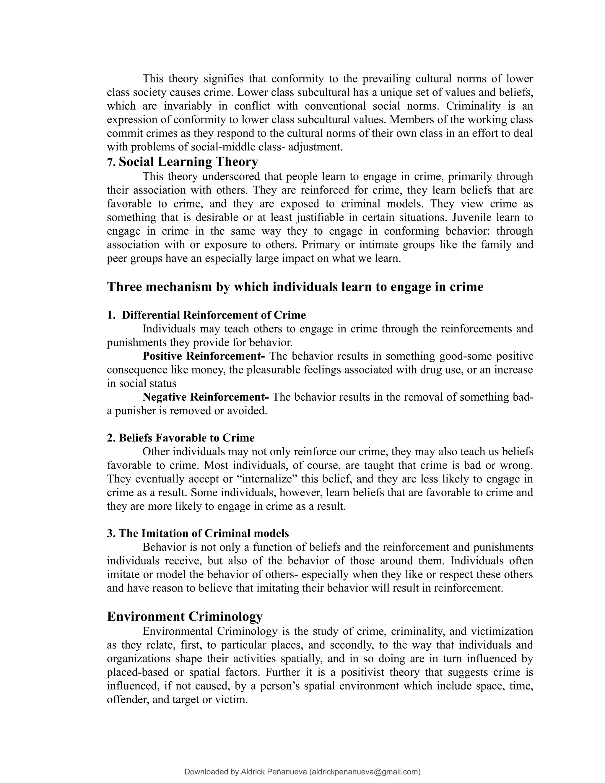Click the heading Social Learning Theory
click(x=188, y=162)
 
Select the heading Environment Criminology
click(x=185, y=617)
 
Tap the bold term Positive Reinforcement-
click(x=204, y=356)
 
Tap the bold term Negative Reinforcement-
click(x=205, y=397)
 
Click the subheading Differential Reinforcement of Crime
click(x=214, y=315)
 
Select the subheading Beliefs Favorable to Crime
click(x=186, y=438)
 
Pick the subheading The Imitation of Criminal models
click(x=203, y=533)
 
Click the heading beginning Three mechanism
click(x=295, y=287)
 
